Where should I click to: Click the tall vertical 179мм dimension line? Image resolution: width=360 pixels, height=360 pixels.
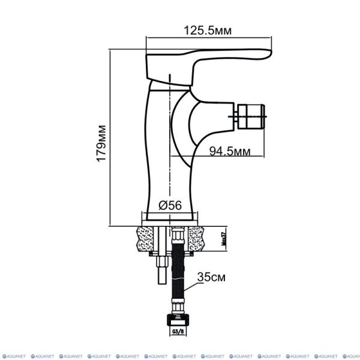click(x=112, y=138)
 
